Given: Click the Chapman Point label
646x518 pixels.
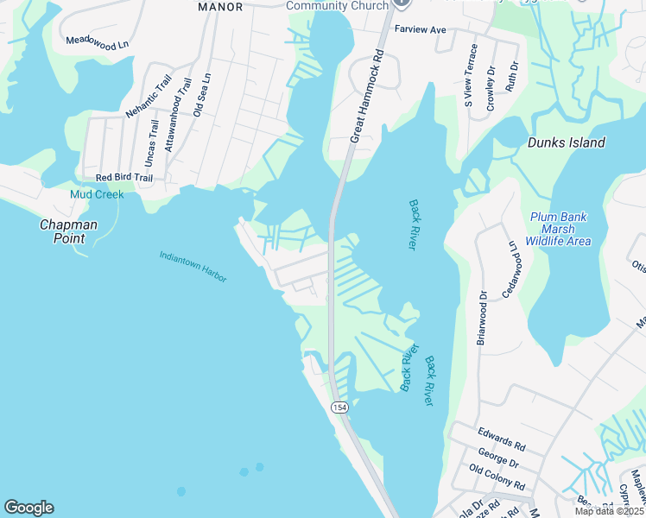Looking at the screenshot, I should click(x=68, y=231).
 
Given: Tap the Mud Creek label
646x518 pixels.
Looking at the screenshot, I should click(x=97, y=195).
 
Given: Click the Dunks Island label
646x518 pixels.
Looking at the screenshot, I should click(x=566, y=143).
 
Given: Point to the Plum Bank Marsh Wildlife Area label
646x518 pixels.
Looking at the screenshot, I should click(x=559, y=229).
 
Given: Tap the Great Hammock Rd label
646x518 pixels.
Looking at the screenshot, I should click(x=365, y=94).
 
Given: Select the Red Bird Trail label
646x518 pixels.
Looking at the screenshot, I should click(x=123, y=178).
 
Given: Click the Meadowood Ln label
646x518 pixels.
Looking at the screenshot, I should click(x=97, y=41).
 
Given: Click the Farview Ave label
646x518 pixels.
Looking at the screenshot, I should click(x=420, y=29).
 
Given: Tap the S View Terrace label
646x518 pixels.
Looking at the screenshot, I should click(x=471, y=76).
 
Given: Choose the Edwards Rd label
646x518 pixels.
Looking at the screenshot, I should click(x=501, y=439).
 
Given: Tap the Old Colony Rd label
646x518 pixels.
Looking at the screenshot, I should click(x=497, y=477).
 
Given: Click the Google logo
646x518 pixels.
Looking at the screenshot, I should click(x=28, y=508).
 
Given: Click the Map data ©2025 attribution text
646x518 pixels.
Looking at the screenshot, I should click(x=608, y=511).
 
